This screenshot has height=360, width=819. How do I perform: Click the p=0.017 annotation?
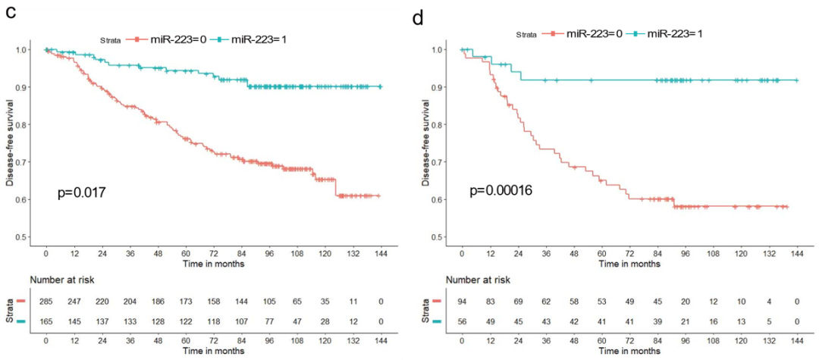tap(81, 194)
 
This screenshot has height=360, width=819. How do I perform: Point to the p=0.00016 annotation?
tap(500, 190)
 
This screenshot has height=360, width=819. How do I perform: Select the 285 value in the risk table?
tap(46, 302)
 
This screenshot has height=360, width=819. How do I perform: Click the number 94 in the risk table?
tap(463, 302)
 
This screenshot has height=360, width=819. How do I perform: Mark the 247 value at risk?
tap(74, 302)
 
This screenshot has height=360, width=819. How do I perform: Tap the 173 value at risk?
tap(185, 302)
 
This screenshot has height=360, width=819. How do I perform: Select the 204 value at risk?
tap(130, 302)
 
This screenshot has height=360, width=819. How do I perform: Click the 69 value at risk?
tap(519, 302)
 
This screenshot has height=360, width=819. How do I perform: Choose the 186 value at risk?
tap(158, 302)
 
